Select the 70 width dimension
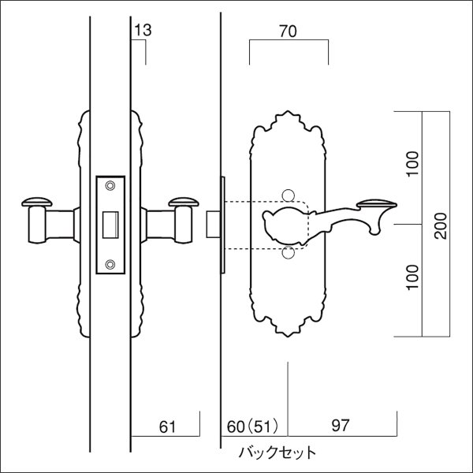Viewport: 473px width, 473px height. click(289, 33)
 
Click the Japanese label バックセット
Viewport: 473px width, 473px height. click(277, 453)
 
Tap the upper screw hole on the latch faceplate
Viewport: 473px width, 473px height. click(110, 186)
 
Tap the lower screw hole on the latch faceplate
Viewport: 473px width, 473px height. click(110, 263)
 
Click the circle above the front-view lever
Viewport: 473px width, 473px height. click(289, 195)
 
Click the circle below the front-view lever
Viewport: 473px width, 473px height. click(289, 252)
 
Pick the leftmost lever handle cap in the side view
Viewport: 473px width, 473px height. click(34, 201)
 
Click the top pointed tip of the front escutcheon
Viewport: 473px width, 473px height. click(289, 113)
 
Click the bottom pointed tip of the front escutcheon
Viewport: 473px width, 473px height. click(289, 337)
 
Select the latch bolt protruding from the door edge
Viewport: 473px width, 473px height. click(211, 223)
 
